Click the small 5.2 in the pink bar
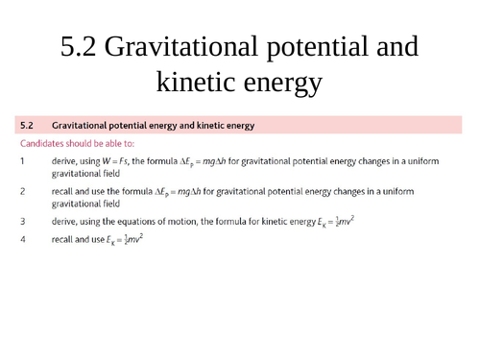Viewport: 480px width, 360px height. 28,126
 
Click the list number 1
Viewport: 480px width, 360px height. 22,160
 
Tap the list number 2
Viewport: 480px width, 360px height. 22,191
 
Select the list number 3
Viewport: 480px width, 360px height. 22,221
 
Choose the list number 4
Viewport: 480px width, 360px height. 22,239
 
